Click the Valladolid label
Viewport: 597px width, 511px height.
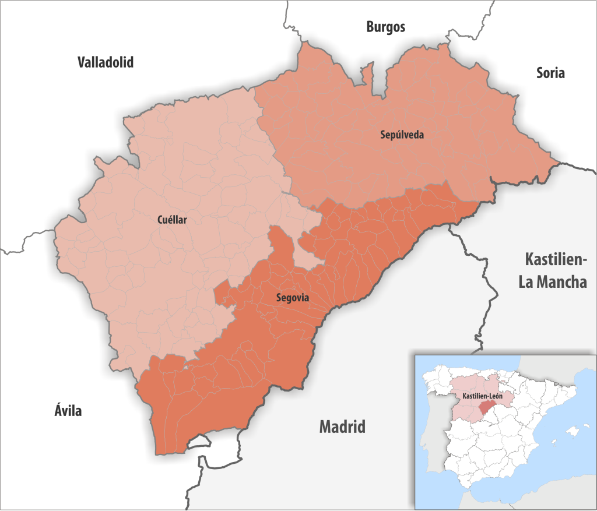(x=106, y=62)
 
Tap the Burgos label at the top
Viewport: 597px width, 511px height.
(x=385, y=26)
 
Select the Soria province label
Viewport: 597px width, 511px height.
(x=550, y=73)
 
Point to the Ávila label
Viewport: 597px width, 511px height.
(x=65, y=411)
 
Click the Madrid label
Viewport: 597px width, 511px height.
(x=342, y=427)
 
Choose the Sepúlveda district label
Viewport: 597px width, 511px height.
(x=402, y=135)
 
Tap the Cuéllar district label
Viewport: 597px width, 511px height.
(x=175, y=220)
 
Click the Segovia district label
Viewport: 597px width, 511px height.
(x=293, y=298)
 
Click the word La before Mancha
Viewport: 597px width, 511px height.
(x=527, y=283)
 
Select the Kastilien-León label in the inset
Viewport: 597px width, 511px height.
(x=483, y=396)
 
